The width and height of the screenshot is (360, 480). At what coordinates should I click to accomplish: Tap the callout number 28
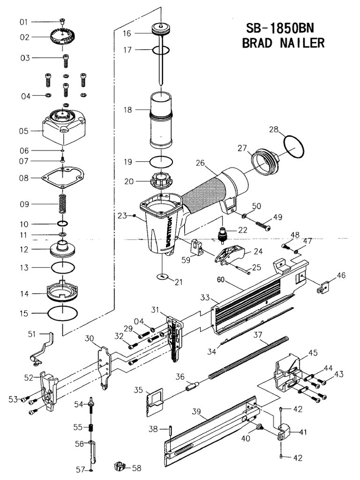coord(274,129)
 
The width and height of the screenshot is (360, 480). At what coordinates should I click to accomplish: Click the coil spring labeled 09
coord(62,204)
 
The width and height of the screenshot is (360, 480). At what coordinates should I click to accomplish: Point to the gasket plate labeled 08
coord(64,178)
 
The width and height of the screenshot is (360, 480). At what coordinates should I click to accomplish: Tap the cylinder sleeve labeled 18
coord(160,120)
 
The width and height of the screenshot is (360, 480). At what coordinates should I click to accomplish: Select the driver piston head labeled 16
coord(160,30)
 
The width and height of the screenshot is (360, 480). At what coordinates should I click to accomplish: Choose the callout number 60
coord(222,280)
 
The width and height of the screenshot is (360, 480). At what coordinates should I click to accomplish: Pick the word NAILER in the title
coord(301,43)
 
